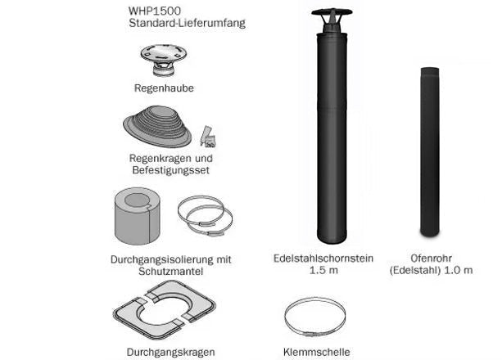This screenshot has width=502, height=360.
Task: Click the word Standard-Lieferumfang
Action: (187, 24)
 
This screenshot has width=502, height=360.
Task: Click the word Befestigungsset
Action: (170, 170)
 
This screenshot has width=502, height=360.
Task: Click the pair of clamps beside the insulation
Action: (205, 216)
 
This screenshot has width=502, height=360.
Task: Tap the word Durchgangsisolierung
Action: (161, 259)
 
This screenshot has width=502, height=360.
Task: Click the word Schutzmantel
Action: (170, 272)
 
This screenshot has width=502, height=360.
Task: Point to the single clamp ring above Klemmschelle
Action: (316, 317)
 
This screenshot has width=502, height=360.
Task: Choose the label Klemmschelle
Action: (316, 352)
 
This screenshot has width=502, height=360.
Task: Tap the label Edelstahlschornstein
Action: (323, 259)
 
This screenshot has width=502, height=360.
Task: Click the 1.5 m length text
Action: (323, 271)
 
